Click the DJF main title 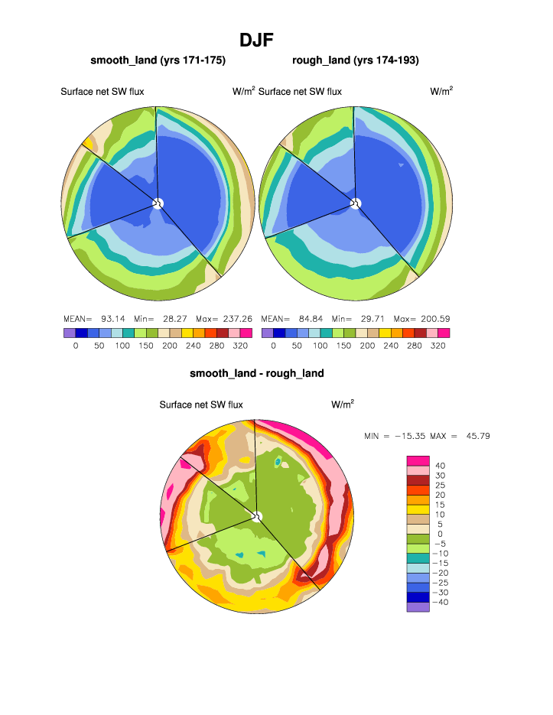pos(256,40)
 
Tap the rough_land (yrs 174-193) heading pos(355,60)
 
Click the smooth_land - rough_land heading pos(257,373)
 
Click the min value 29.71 pos(369,318)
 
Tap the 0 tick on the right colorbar pos(273,346)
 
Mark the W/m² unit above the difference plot pos(343,404)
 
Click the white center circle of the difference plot pos(257,517)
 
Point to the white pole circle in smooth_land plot pos(158,203)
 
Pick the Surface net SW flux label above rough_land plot pos(300,92)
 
